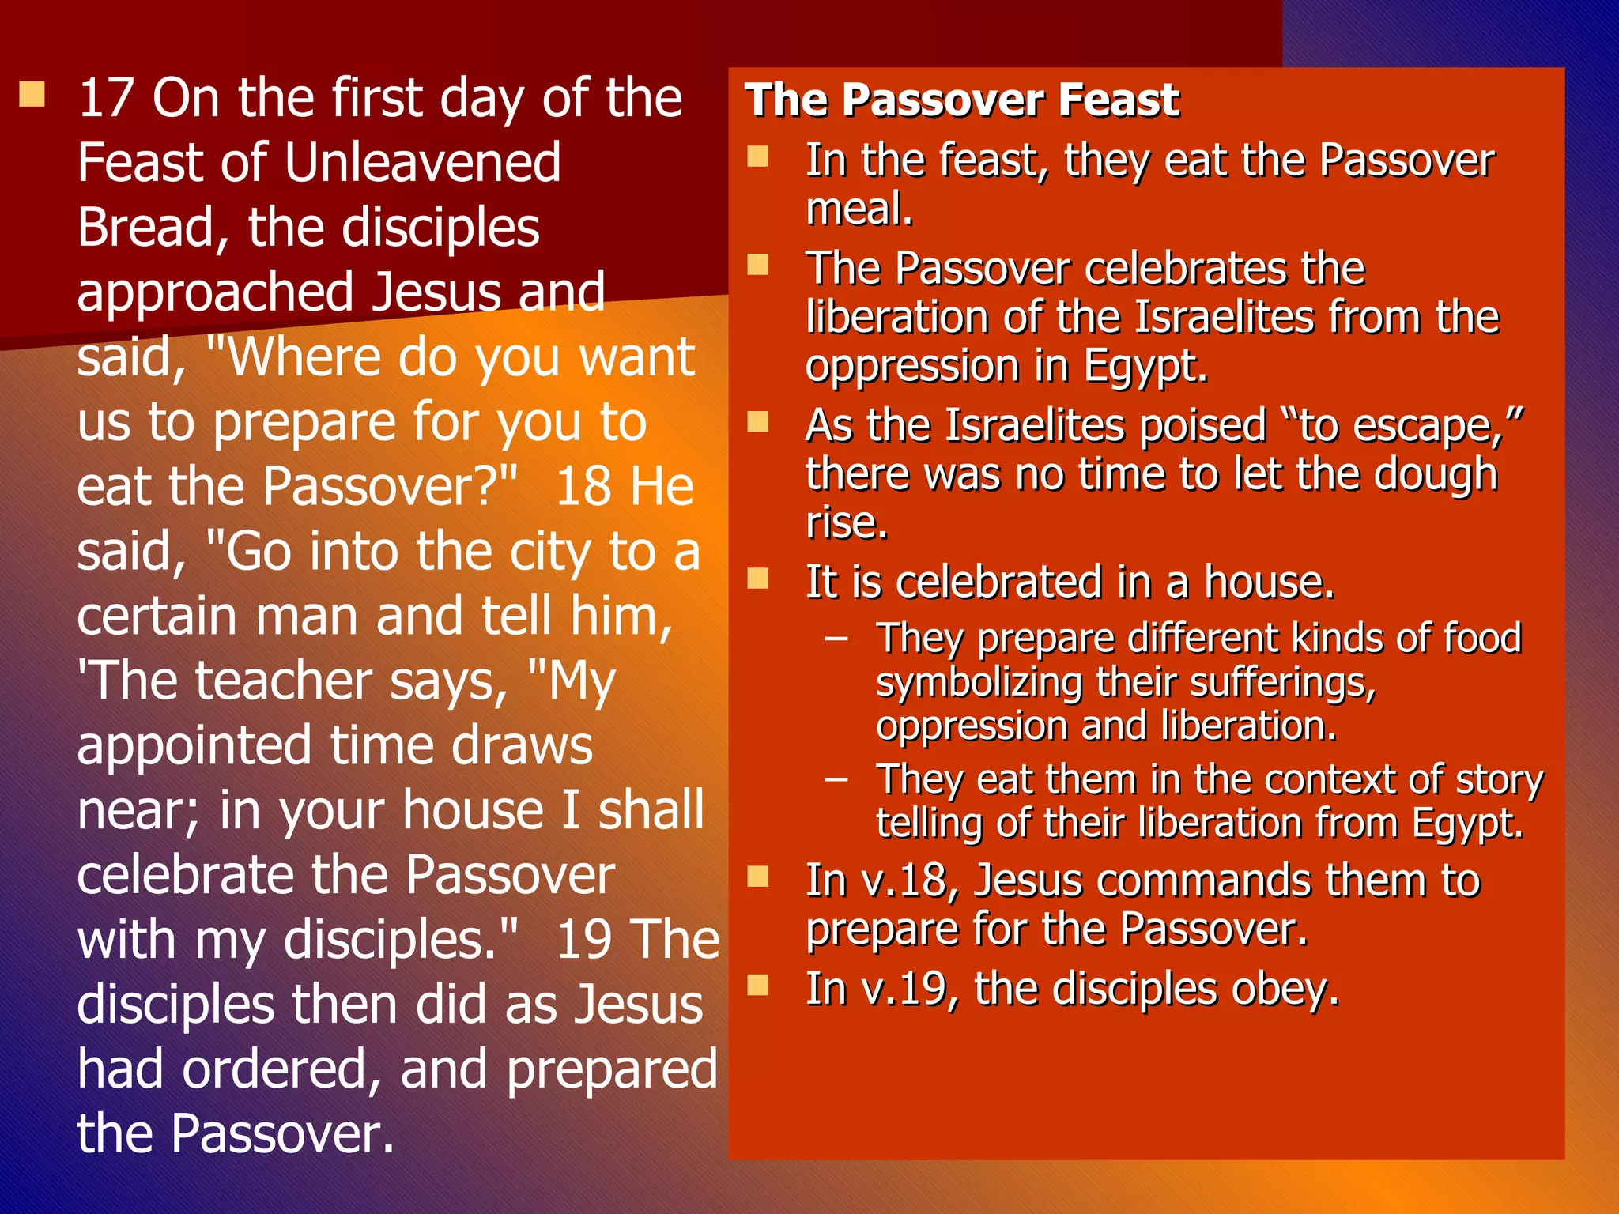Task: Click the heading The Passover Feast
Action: (x=961, y=100)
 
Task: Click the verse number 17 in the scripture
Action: (x=107, y=98)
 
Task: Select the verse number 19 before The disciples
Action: (x=583, y=941)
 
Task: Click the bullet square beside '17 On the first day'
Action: (x=32, y=95)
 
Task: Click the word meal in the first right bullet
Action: (x=858, y=209)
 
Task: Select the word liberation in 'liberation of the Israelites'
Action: (x=897, y=318)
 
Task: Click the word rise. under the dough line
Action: (x=846, y=522)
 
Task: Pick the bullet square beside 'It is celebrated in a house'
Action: (x=758, y=579)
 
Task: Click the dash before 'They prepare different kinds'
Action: (x=836, y=638)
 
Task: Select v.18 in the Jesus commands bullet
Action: (x=909, y=880)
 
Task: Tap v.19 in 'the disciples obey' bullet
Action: (x=909, y=989)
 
